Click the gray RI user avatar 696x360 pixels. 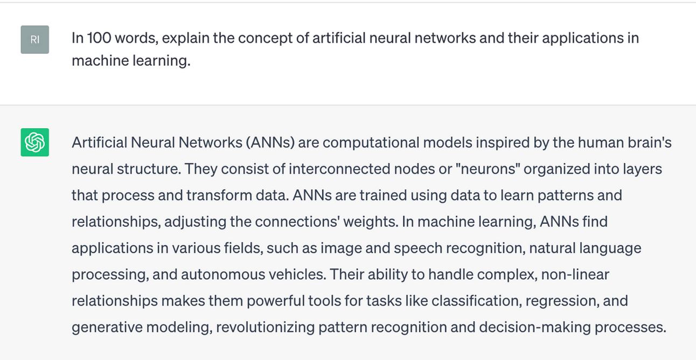[34, 39]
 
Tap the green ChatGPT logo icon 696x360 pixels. [34, 142]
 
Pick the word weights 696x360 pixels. [377, 221]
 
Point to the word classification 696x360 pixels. [475, 300]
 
